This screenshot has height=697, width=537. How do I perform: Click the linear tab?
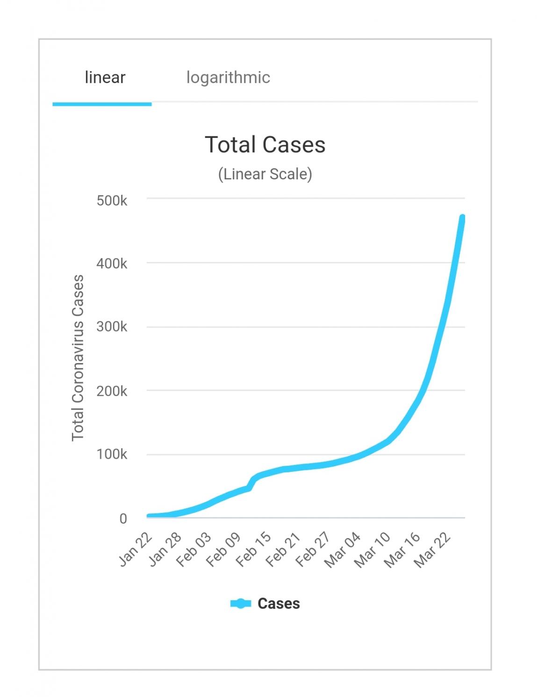pos(105,78)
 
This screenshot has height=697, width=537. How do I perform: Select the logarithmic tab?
pos(228,78)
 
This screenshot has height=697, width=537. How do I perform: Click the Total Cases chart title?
pos(265,145)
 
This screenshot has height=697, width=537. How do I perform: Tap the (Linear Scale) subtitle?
pos(265,174)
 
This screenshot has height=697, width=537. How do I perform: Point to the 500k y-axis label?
pos(112,201)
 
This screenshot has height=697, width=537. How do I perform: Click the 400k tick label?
pos(112,264)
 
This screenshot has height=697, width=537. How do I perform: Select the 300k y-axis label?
pos(112,327)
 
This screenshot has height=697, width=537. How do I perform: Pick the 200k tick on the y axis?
pos(112,391)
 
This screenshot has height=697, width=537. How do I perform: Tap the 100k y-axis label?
pos(112,454)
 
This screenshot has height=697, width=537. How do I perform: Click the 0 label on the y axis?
pos(123,519)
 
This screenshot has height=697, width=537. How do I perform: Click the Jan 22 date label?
pos(136,549)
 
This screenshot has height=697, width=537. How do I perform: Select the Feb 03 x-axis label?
pos(194,549)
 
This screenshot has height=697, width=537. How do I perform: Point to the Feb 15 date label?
pos(253,549)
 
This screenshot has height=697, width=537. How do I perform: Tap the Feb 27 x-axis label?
pos(313,549)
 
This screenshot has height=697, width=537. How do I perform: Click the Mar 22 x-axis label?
pos(432,549)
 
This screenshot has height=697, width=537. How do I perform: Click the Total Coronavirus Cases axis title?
pos(78,358)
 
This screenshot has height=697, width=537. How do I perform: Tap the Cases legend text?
pos(279,604)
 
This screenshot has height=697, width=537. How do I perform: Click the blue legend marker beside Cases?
pos(241,604)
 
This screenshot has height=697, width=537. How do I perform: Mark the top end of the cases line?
pos(462,218)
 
